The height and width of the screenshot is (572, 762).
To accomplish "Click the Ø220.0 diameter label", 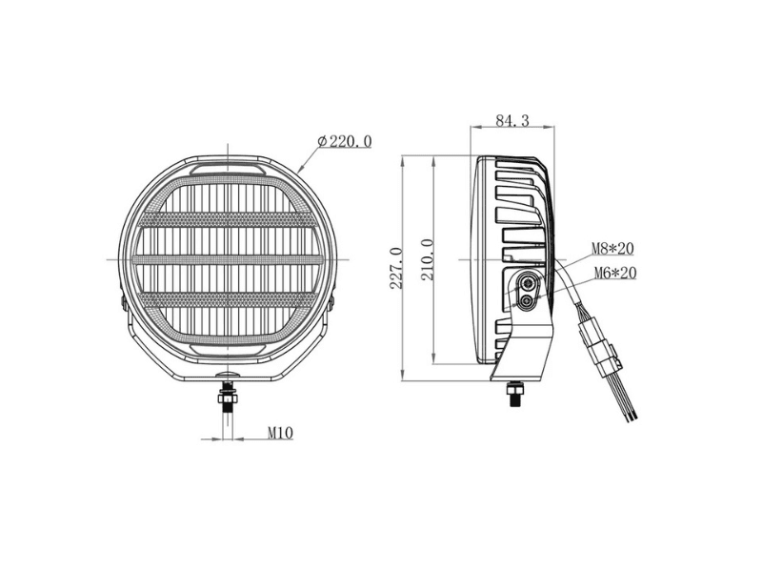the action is (345, 141).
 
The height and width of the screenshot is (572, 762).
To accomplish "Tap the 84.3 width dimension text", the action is (512, 120).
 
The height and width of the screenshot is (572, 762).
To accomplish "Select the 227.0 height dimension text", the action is (396, 268).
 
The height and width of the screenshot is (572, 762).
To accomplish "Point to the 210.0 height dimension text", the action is (427, 259).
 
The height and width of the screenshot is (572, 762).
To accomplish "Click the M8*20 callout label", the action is (612, 249).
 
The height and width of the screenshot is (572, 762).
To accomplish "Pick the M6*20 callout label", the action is (615, 274).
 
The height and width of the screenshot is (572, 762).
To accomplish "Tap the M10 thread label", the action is (280, 433).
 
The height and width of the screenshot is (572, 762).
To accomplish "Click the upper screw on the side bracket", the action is (528, 281).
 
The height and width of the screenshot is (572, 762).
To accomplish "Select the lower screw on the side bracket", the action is (526, 302).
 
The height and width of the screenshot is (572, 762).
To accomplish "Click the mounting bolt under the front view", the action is (228, 394).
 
